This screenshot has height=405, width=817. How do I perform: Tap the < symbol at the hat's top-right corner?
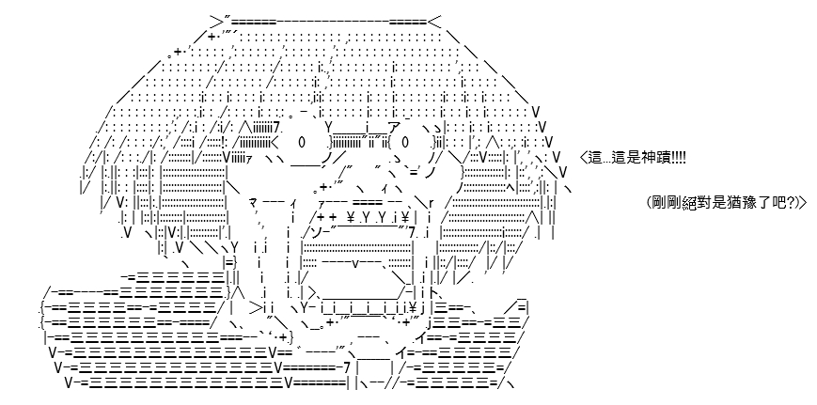point(434,22)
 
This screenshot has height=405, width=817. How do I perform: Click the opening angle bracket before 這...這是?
point(583,158)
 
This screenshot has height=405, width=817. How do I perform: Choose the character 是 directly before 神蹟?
point(633,158)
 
